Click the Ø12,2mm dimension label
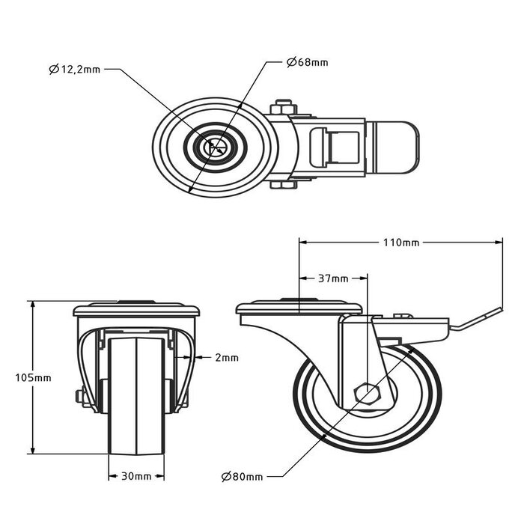pos(75,70)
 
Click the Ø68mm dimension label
pos(307,62)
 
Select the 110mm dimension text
pos(401,243)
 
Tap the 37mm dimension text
pos(334,278)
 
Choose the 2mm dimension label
pos(226,358)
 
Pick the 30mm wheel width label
pos(136,476)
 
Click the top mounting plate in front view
pos(136,309)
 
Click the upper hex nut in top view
pos(283,107)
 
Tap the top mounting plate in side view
pos(299,308)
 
